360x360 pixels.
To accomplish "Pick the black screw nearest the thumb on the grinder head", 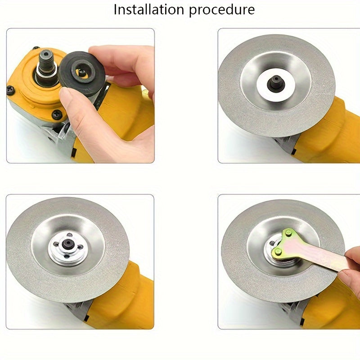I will [56, 114].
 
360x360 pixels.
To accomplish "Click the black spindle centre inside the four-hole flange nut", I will [67, 243].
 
